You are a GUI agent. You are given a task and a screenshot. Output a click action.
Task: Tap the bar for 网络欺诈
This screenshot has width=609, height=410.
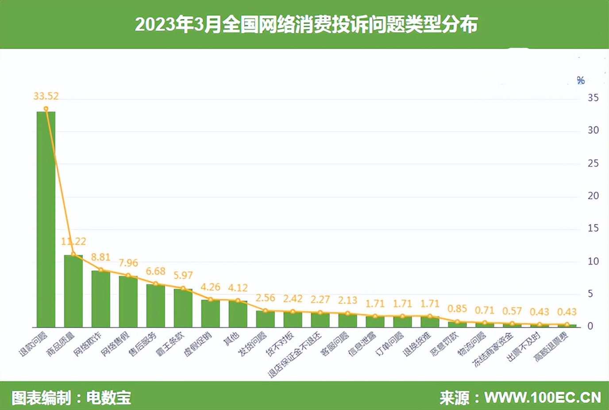tap(101, 299)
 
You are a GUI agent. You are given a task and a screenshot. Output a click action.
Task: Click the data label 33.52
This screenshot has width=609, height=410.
tap(46, 96)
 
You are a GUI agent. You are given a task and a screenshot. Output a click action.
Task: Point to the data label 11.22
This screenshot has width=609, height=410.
tap(73, 241)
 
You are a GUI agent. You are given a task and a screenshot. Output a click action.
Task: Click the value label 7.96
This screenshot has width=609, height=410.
tap(128, 263)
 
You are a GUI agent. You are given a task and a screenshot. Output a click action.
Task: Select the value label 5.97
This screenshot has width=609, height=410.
tap(183, 275)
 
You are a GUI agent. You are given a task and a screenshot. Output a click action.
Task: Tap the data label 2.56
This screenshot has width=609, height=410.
tap(266, 298)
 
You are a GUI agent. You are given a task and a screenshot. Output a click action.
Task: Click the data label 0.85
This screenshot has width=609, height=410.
tap(457, 308)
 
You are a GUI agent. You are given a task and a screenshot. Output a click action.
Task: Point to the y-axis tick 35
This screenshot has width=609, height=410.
tap(593, 98)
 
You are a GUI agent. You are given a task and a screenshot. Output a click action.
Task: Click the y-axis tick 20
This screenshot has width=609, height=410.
tap(593, 196)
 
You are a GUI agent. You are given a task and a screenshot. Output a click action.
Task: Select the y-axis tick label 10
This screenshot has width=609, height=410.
tap(593, 261)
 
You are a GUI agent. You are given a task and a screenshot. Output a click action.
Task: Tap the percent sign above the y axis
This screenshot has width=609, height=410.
tap(581, 80)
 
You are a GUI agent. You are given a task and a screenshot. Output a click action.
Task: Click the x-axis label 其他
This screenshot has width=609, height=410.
tap(231, 339)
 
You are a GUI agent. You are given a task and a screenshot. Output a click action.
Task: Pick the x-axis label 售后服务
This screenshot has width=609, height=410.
tap(143, 344)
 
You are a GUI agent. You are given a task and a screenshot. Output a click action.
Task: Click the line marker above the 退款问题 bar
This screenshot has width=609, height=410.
tap(46, 109)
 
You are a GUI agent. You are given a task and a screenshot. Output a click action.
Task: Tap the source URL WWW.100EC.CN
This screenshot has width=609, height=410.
tap(543, 398)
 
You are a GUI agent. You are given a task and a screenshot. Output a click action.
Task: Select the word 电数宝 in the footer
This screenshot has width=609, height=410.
tap(109, 398)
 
